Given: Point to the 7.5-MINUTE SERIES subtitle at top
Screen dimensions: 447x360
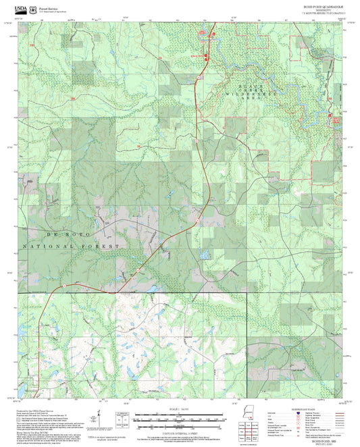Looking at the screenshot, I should point(323,13).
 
